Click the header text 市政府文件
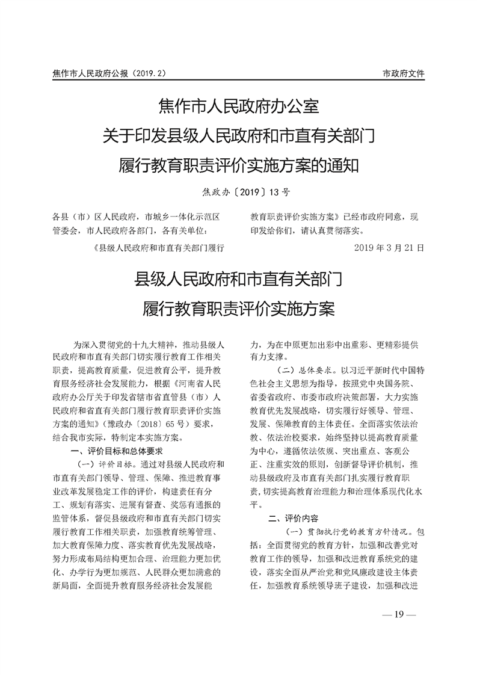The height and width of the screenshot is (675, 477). click(403, 74)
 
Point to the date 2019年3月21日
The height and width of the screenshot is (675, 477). click(390, 248)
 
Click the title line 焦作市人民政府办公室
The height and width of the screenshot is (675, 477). click(238, 108)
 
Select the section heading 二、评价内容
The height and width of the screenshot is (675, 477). click(293, 517)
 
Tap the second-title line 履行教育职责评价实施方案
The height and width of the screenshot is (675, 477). click(238, 309)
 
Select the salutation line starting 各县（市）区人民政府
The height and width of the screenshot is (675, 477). click(135, 216)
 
